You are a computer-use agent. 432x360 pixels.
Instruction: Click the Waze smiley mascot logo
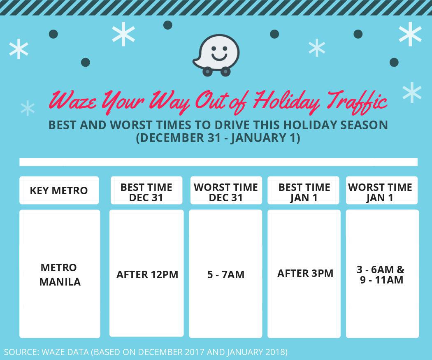pyautogui.click(x=216, y=55)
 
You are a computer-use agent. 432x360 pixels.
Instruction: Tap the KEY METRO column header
pyautogui.click(x=59, y=190)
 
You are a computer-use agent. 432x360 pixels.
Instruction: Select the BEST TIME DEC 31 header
pyautogui.click(x=146, y=192)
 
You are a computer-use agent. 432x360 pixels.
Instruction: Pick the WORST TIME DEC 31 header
pyautogui.click(x=225, y=192)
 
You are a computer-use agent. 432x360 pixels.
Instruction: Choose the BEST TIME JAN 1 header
pyautogui.click(x=304, y=192)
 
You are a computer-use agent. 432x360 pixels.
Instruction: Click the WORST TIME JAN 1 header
pyautogui.click(x=380, y=192)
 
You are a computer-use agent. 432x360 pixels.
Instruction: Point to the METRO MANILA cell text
pyautogui.click(x=60, y=274)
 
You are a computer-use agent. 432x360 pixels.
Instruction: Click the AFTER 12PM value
pyautogui.click(x=147, y=274)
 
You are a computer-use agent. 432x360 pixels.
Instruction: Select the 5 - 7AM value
pyautogui.click(x=226, y=274)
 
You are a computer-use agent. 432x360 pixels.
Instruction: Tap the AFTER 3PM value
pyautogui.click(x=305, y=273)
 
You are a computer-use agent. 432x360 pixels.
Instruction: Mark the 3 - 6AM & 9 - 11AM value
pyautogui.click(x=381, y=274)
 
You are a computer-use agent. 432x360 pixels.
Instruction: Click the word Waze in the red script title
pyautogui.click(x=73, y=100)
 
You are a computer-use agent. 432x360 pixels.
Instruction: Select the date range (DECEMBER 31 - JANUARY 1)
pyautogui.click(x=218, y=138)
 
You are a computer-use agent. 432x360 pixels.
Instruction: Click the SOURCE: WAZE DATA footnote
pyautogui.click(x=146, y=352)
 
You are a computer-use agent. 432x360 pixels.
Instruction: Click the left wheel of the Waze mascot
pyautogui.click(x=207, y=72)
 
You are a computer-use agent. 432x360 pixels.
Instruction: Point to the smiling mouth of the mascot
pyautogui.click(x=219, y=57)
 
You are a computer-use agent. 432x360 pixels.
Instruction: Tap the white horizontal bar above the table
pyautogui.click(x=218, y=162)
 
